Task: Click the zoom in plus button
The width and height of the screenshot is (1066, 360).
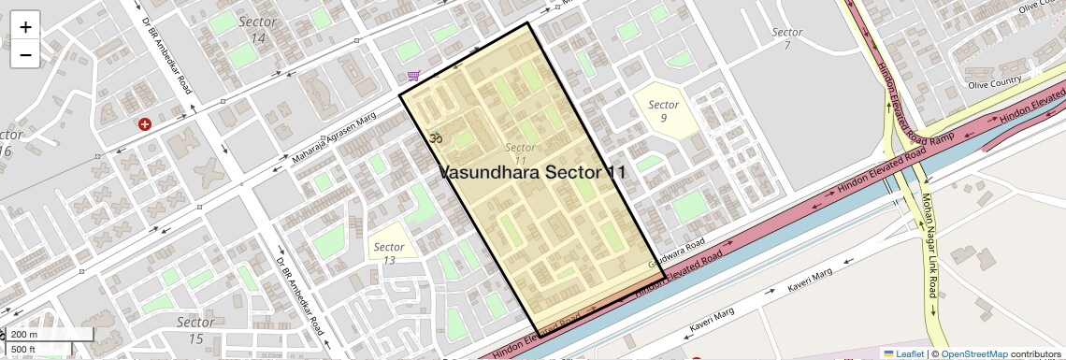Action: (x=25, y=27)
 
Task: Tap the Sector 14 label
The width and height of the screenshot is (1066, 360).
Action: (x=257, y=29)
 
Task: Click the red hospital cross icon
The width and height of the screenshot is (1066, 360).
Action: (x=145, y=124)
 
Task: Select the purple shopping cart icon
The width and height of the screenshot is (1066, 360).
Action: (x=413, y=76)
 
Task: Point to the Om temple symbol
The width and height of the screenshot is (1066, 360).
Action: (x=434, y=138)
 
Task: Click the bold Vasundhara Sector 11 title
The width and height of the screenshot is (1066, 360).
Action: (x=532, y=173)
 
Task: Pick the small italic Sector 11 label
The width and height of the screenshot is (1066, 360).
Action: (x=520, y=154)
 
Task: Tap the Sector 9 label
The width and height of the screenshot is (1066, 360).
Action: (x=663, y=111)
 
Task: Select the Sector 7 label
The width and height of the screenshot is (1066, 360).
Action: (x=787, y=38)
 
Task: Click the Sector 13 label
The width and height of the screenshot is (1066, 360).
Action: (x=389, y=253)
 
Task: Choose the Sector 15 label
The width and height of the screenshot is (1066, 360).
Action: (x=195, y=330)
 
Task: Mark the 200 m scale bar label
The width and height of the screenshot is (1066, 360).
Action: (x=24, y=335)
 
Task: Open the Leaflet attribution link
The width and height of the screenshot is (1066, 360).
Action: (x=903, y=353)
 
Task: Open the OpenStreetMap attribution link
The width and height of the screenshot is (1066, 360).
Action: (x=973, y=353)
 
